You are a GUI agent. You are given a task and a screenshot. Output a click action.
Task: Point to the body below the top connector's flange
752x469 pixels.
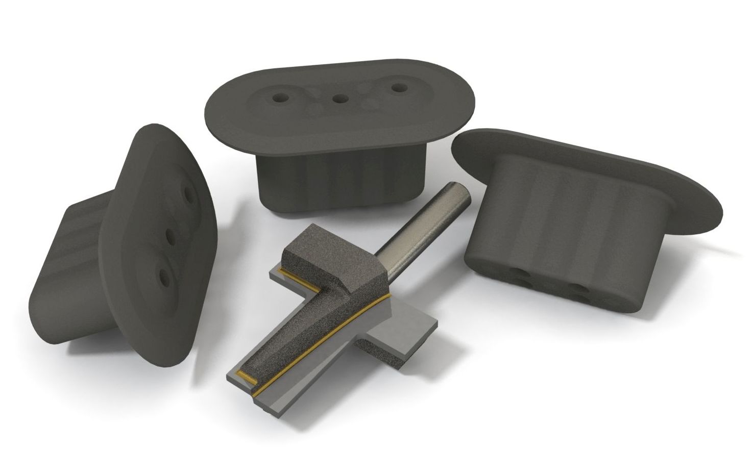coord(337,179)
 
